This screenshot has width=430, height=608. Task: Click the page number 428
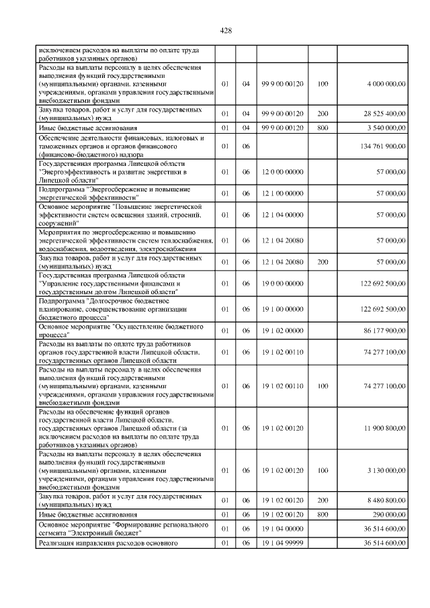(x=226, y=31)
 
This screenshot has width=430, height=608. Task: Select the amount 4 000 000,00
(x=386, y=84)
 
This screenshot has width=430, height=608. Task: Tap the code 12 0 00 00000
(x=282, y=172)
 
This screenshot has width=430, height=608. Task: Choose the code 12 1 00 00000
(x=282, y=193)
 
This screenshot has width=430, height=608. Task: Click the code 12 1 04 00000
(x=282, y=215)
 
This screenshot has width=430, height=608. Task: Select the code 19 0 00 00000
(x=282, y=284)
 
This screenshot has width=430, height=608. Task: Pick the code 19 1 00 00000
(x=282, y=309)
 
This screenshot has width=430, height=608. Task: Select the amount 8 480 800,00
(x=386, y=500)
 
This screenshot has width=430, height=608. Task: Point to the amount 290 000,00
(x=390, y=514)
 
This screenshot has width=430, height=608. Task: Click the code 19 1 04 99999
(x=282, y=543)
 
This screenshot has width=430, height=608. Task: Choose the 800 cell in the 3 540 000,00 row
(x=322, y=127)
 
